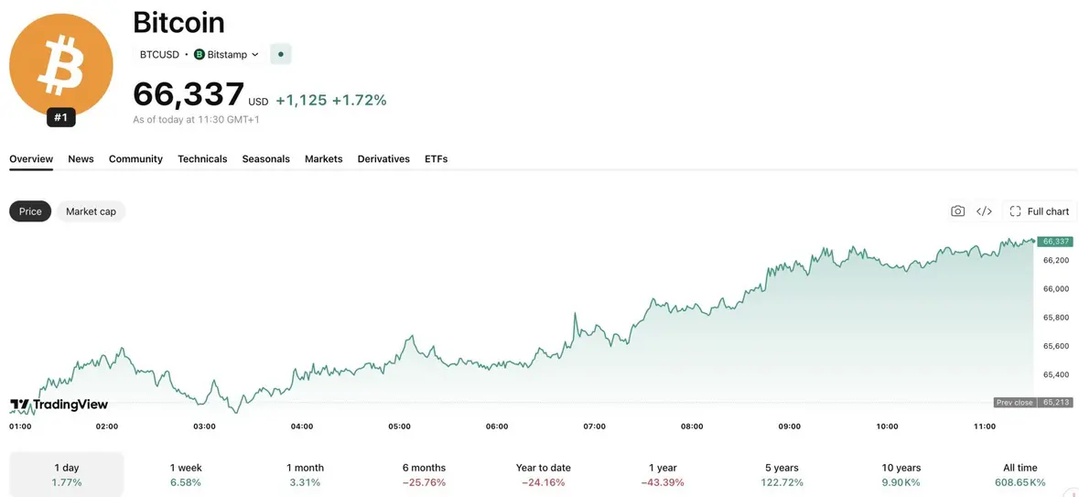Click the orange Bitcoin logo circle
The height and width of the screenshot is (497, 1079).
click(x=61, y=66)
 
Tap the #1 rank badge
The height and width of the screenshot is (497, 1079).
click(x=61, y=118)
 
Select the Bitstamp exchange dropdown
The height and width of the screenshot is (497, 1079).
click(x=226, y=54)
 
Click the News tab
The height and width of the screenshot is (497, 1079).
click(x=81, y=159)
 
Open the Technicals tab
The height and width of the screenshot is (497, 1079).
click(x=202, y=159)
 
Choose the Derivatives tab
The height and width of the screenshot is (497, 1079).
click(x=383, y=159)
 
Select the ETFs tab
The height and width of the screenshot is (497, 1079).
click(x=437, y=159)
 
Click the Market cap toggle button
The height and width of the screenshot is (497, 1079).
click(x=91, y=211)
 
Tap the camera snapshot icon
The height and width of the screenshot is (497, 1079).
click(x=957, y=211)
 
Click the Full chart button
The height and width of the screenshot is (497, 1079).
click(x=1039, y=211)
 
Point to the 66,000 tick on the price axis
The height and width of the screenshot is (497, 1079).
click(x=1056, y=289)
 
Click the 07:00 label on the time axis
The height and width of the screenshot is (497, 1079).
click(x=595, y=427)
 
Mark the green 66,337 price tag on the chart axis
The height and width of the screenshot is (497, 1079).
click(x=1055, y=242)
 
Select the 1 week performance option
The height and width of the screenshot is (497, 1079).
click(x=186, y=474)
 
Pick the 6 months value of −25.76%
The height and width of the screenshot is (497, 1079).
click(x=424, y=482)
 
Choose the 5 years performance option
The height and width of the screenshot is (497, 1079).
click(x=782, y=474)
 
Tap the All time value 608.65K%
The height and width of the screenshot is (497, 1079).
click(x=1020, y=482)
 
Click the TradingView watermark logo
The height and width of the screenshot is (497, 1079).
click(x=59, y=405)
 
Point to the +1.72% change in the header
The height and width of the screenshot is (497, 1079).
click(x=359, y=101)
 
